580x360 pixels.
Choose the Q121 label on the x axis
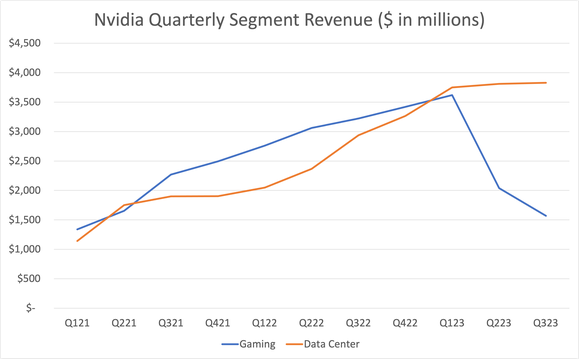(x=77, y=323)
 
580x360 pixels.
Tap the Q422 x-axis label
(x=405, y=323)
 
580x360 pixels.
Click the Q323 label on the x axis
(x=546, y=323)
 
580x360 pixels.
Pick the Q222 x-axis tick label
(x=311, y=323)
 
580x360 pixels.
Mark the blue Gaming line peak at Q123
(x=452, y=95)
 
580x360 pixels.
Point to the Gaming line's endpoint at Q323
(x=546, y=216)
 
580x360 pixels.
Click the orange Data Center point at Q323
(x=546, y=83)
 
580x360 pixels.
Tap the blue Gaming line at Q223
(x=499, y=188)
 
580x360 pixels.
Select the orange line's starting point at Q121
(x=77, y=240)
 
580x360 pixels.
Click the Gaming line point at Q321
(x=171, y=174)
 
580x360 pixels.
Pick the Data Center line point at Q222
(x=311, y=168)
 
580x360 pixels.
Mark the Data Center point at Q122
(x=264, y=187)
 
